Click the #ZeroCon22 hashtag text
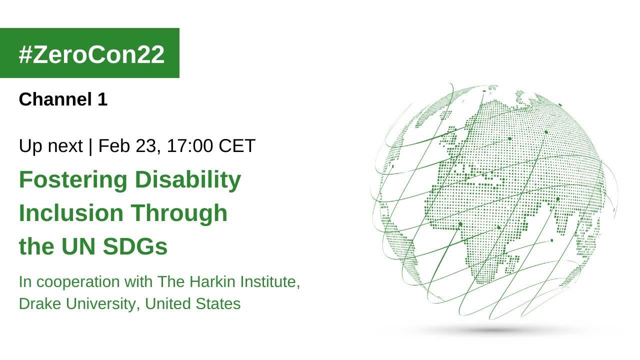(x=91, y=54)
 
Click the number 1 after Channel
(x=102, y=99)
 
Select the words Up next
(x=50, y=146)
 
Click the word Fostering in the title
(x=71, y=180)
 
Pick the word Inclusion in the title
(x=71, y=213)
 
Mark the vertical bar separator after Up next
(x=90, y=146)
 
